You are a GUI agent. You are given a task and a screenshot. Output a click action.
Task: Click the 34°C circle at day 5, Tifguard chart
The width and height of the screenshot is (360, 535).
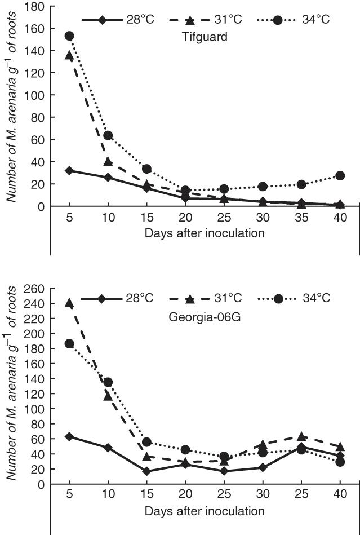[x=69, y=36]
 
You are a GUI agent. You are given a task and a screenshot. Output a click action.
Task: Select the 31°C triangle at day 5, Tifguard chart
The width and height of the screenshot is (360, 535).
[x=69, y=55]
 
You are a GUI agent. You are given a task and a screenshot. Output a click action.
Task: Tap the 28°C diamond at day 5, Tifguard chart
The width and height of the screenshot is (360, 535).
[x=69, y=170]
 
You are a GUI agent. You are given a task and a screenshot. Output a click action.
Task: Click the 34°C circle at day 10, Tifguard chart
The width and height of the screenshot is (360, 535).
[x=108, y=135]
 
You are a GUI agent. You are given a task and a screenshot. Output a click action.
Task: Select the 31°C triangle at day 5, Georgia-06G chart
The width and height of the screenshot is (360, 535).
[x=69, y=303]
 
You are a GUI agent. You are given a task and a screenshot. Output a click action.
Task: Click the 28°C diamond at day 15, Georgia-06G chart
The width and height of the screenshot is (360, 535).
[x=147, y=471]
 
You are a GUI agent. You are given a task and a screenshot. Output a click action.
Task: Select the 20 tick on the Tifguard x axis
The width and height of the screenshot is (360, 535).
[x=185, y=218]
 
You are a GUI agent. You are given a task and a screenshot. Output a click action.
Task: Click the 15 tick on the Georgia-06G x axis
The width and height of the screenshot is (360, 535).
[x=147, y=496]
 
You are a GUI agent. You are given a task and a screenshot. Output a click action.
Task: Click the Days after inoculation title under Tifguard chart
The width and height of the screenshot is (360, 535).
[x=204, y=233]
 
